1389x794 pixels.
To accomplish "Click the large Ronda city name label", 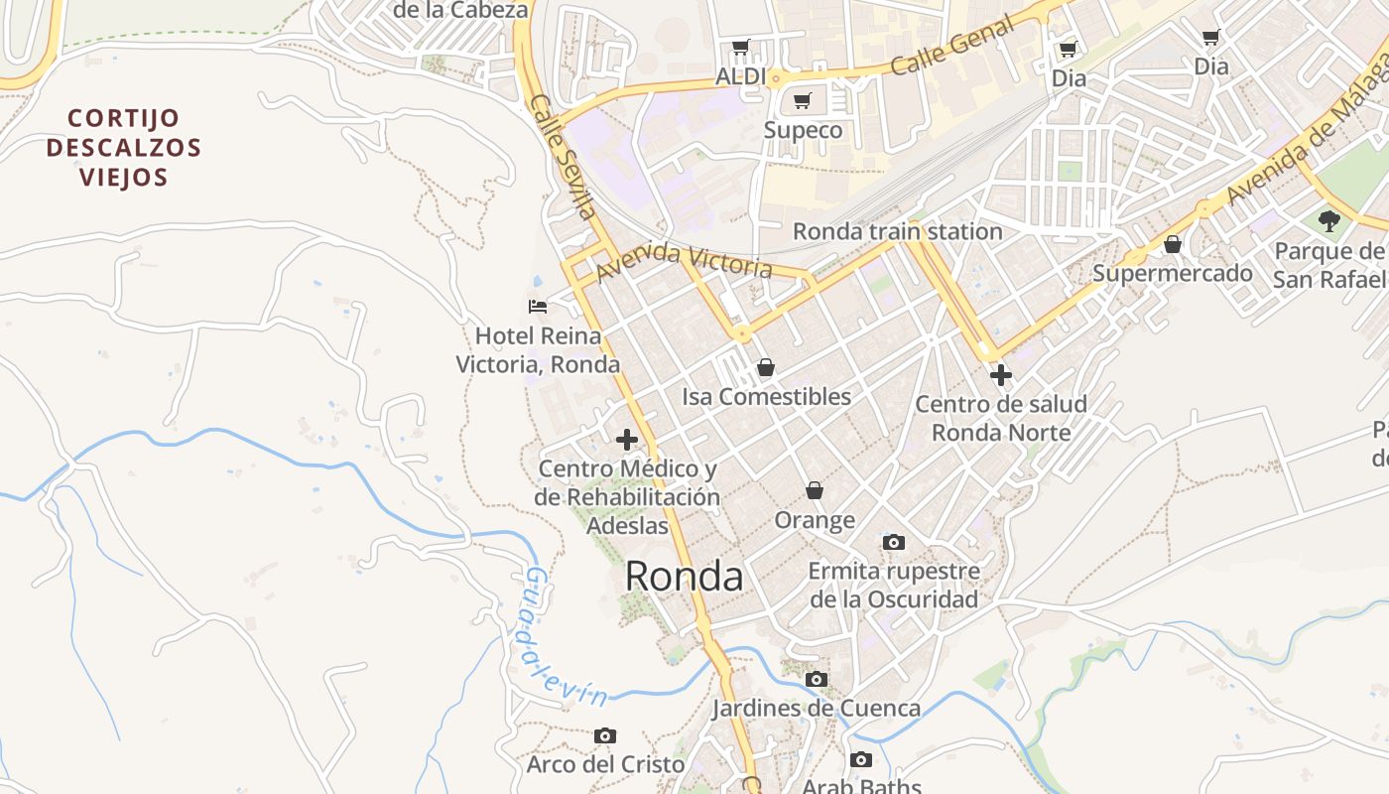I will point(685,577).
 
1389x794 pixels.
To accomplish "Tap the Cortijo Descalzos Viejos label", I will point(123,148).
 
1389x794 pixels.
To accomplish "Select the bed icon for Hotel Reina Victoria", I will point(538,306).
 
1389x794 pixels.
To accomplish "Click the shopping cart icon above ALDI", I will point(740,47).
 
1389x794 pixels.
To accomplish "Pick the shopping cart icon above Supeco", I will point(803,100).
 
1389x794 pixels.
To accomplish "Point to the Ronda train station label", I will point(897,231).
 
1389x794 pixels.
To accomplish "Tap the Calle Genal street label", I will point(951,47).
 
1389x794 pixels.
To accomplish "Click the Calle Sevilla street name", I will point(563,157).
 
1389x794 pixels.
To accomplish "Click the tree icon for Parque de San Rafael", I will point(1328,221).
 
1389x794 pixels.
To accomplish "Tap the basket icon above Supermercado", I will point(1173,244).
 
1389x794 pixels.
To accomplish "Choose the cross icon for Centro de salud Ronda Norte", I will point(1000,375).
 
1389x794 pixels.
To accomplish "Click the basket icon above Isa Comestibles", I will point(765,368).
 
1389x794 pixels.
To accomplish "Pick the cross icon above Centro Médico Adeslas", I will point(626,440).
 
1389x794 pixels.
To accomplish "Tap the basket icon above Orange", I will point(814,490).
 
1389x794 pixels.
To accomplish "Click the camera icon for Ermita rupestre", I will point(894,542).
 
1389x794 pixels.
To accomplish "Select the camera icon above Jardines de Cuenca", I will point(816,680).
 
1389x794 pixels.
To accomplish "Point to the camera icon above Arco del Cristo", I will point(605,736).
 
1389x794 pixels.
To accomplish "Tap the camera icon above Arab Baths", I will point(861,760).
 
